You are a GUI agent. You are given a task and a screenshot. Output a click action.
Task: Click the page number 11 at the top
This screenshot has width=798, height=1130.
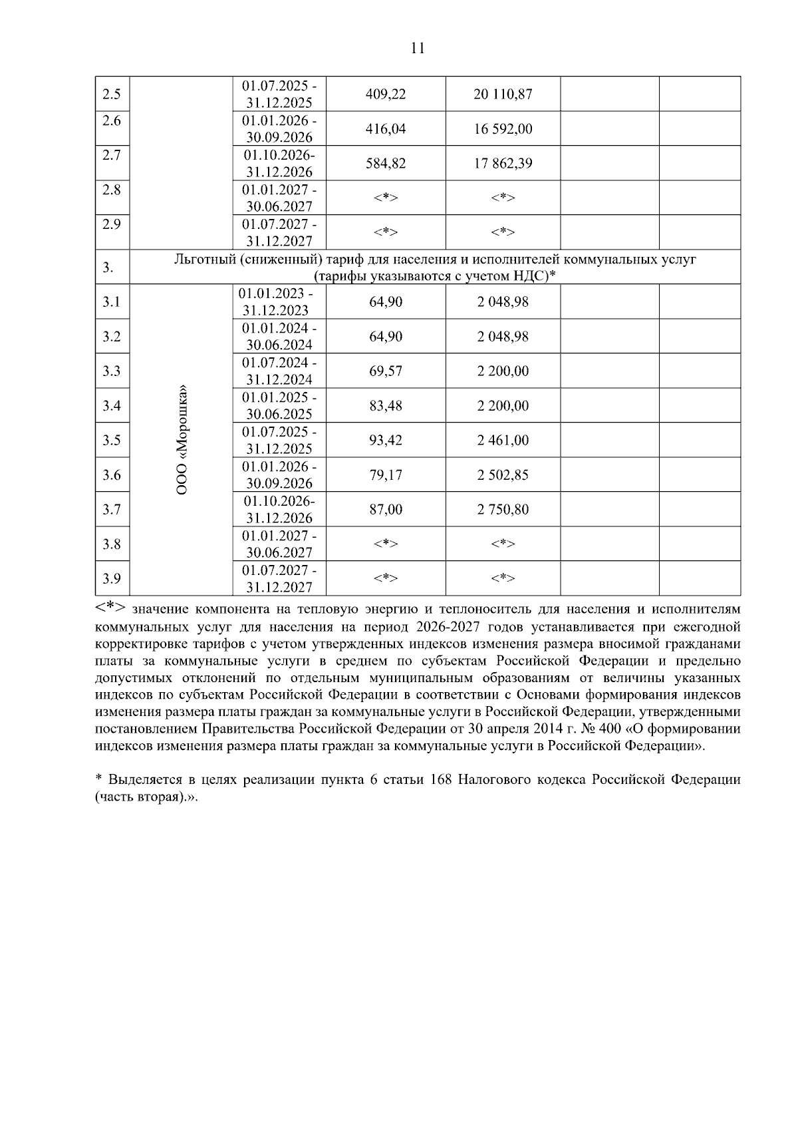pyautogui.click(x=418, y=48)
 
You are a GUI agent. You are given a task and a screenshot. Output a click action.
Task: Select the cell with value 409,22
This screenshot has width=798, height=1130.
pyautogui.click(x=386, y=94)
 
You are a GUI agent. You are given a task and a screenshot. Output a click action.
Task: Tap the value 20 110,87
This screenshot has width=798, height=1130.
pyautogui.click(x=503, y=94)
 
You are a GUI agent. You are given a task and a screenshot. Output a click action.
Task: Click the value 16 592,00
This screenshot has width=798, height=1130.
pyautogui.click(x=503, y=129)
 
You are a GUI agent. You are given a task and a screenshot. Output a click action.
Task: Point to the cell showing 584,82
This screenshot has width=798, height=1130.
pyautogui.click(x=386, y=164)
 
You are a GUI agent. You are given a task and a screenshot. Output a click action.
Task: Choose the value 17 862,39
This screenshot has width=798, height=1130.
pyautogui.click(x=503, y=164)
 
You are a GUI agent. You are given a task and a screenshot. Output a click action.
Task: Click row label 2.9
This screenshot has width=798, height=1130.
pyautogui.click(x=112, y=224)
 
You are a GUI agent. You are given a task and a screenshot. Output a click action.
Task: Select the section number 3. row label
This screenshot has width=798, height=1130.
pyautogui.click(x=108, y=268)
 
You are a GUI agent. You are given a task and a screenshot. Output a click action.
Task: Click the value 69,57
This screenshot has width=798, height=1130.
pyautogui.click(x=386, y=371)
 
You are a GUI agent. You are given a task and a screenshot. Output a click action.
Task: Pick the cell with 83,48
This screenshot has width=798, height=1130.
pyautogui.click(x=386, y=406)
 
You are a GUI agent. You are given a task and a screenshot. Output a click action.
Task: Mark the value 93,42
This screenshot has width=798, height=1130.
pyautogui.click(x=386, y=441)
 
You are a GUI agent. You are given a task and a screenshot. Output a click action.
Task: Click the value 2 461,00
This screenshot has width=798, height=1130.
pyautogui.click(x=503, y=441)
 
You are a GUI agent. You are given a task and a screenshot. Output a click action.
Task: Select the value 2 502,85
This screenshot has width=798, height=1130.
pyautogui.click(x=503, y=475)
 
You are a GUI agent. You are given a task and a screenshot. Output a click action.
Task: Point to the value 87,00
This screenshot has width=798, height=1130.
pyautogui.click(x=386, y=510)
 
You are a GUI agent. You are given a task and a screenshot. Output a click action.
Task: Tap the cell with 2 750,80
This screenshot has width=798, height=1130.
pyautogui.click(x=503, y=510)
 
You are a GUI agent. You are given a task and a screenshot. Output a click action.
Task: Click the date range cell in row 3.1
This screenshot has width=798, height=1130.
pyautogui.click(x=279, y=302)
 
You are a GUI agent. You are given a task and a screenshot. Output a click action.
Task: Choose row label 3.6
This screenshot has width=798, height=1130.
pyautogui.click(x=112, y=475)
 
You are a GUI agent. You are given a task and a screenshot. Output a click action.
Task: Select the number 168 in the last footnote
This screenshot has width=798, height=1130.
pyautogui.click(x=442, y=779)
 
